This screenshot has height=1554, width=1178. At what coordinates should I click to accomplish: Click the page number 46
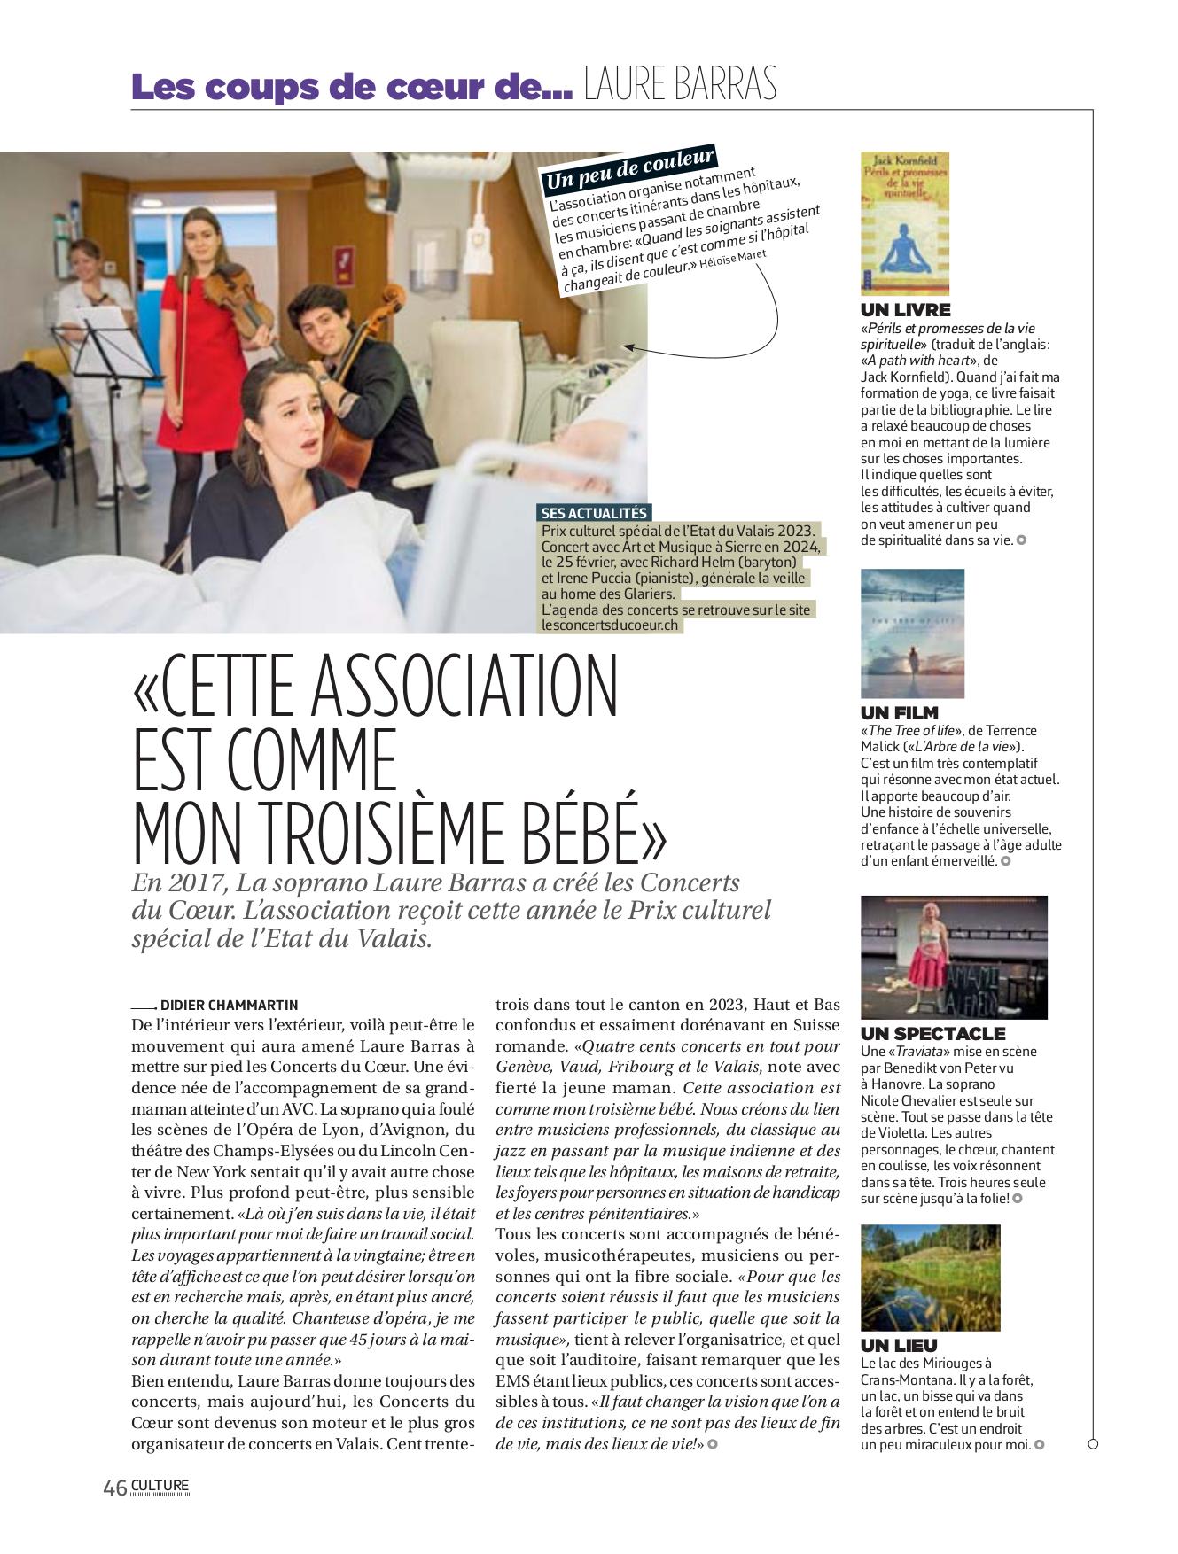pos(115,1488)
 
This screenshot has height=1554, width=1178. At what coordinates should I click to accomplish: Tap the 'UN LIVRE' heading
pos(905,310)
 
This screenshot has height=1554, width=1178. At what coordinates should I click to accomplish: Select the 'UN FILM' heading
pos(899,712)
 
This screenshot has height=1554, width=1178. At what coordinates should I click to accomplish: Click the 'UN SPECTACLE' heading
pos(932,1033)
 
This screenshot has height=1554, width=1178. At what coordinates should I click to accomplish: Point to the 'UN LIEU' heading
pos(899,1345)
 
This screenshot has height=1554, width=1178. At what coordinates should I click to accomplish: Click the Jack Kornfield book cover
pos(904,222)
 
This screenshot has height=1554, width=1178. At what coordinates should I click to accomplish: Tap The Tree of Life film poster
pos(912,633)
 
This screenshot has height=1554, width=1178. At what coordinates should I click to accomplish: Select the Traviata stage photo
pos(954,957)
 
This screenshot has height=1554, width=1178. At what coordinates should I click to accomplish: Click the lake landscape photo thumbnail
pos(930,1278)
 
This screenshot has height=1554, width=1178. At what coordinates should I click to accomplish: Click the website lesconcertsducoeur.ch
pos(610,625)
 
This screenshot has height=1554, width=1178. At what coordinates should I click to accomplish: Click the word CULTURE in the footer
pos(160,1486)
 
